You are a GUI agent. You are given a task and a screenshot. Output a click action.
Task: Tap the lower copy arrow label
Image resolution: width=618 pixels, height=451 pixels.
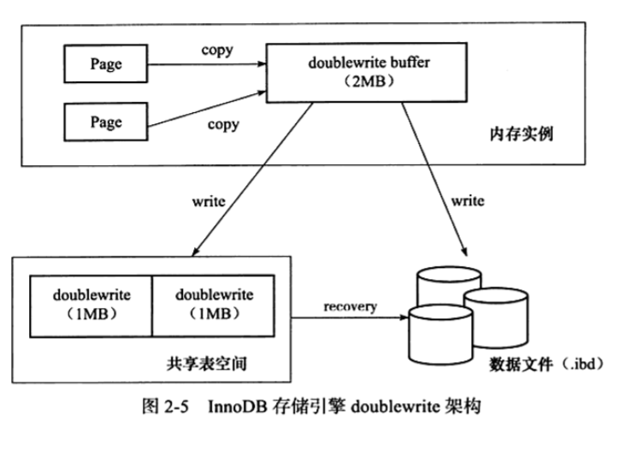click(223, 126)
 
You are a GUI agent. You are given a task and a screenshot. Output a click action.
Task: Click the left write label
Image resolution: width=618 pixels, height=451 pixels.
click(209, 202)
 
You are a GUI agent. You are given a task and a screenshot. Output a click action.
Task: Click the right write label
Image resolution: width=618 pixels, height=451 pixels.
click(468, 202)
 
